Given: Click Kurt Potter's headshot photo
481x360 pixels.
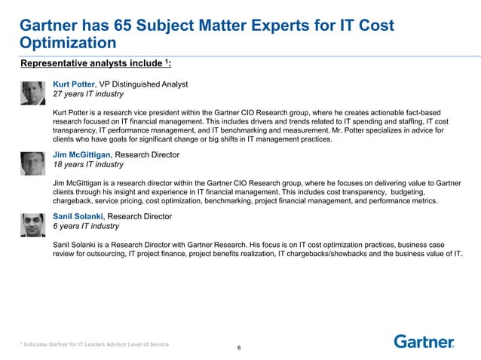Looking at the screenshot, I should (x=34, y=93).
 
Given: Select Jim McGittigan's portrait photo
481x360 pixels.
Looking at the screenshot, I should (x=34, y=163).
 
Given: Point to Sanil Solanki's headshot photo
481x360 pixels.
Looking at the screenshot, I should (x=34, y=224).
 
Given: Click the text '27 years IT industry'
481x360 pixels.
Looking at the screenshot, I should (x=88, y=95).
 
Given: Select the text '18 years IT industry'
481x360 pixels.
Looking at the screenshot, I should (x=88, y=165).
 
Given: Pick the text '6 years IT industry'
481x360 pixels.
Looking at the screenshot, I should (x=86, y=226).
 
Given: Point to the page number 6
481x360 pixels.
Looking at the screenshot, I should (x=239, y=348).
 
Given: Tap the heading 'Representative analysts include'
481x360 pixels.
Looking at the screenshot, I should (x=94, y=63).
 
